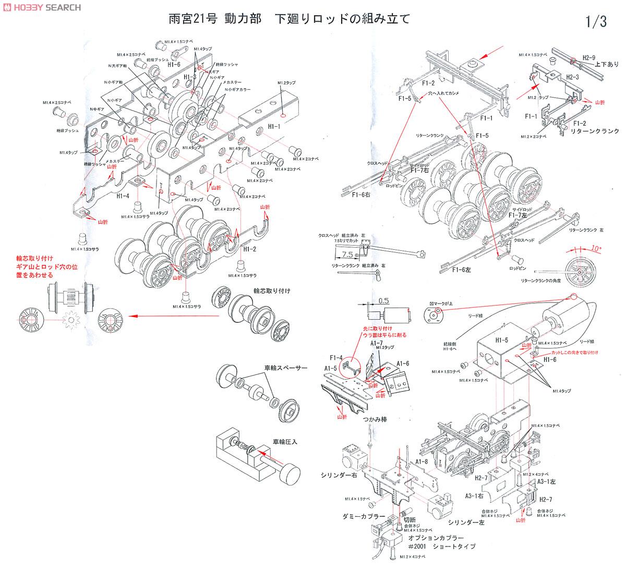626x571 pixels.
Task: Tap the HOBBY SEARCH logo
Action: (42, 7)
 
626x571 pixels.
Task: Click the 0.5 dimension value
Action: (384, 300)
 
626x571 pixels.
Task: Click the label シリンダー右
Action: (338, 476)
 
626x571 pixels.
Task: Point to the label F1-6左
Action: (461, 270)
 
